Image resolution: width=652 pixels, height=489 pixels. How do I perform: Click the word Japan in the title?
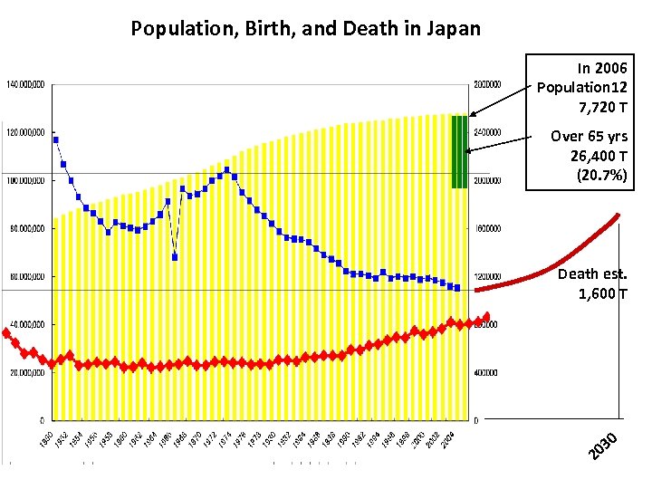pyautogui.click(x=450, y=28)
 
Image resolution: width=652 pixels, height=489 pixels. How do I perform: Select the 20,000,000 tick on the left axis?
pyautogui.click(x=27, y=372)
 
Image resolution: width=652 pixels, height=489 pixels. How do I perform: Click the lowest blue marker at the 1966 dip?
pyautogui.click(x=175, y=257)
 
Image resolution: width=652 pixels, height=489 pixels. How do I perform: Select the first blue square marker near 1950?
pyautogui.click(x=56, y=139)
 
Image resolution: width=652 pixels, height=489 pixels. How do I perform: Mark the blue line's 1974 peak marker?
pyautogui.click(x=226, y=169)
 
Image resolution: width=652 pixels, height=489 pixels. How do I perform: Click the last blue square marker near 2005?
pyautogui.click(x=457, y=288)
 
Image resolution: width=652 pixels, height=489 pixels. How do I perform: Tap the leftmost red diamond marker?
pyautogui.click(x=6, y=333)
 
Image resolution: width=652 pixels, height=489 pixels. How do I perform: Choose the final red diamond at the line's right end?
pyautogui.click(x=487, y=317)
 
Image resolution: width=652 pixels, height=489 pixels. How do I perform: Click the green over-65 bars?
pyautogui.click(x=459, y=151)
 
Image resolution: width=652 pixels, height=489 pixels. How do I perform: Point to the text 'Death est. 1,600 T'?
pyautogui.click(x=592, y=283)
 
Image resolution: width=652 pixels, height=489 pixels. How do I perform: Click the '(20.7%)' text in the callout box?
pyautogui.click(x=601, y=175)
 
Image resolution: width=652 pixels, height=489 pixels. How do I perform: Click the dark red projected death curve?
pyautogui.click(x=561, y=263)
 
